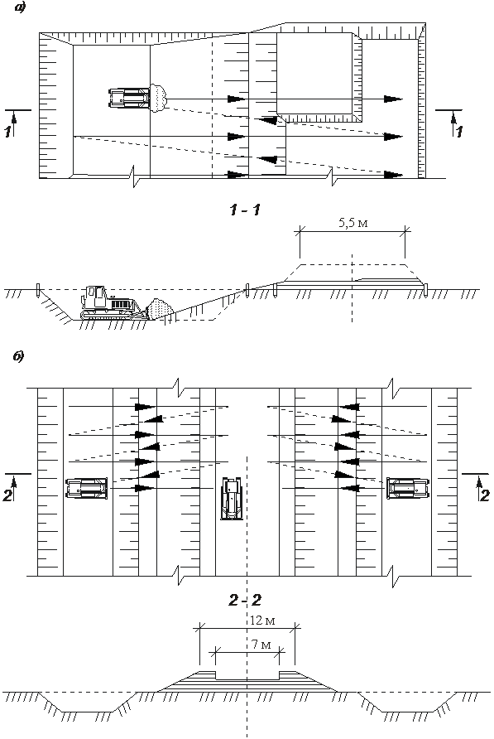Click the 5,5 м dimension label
click(353, 222)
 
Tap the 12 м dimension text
click(262, 621)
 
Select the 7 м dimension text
click(261, 645)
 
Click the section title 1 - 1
click(245, 210)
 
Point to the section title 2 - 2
click(245, 600)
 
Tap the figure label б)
click(19, 356)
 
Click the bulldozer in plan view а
click(129, 99)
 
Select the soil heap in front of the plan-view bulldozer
click(159, 98)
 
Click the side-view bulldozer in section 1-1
click(111, 302)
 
